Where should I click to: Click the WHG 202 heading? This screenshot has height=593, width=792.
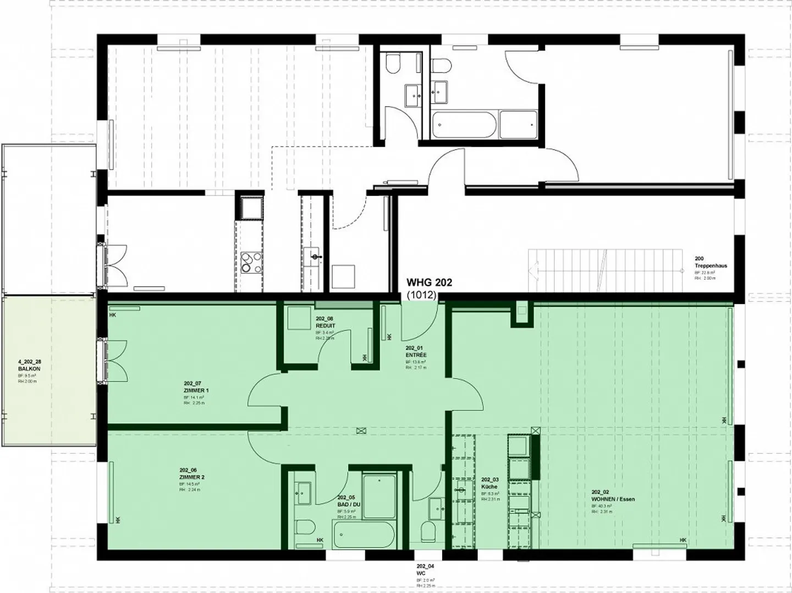point(429,282)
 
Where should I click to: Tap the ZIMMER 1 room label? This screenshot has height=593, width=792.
point(196,390)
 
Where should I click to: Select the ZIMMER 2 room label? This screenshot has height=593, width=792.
point(191,477)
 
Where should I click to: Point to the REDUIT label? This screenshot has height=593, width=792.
point(326,325)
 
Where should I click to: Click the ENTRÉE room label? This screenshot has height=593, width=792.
point(415,355)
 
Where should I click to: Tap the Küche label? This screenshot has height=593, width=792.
point(489,487)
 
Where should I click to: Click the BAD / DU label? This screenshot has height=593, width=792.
point(349,504)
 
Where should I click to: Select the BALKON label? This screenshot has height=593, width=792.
point(29,369)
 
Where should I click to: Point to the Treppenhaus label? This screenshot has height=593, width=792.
point(711,265)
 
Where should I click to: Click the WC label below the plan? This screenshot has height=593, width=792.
point(421,573)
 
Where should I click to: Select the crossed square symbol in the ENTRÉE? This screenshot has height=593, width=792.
point(361,431)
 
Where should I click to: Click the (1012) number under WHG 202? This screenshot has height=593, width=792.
point(421,295)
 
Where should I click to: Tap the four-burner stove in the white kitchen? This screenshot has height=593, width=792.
point(252,262)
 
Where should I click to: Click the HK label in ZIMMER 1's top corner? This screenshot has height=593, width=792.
point(113,315)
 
